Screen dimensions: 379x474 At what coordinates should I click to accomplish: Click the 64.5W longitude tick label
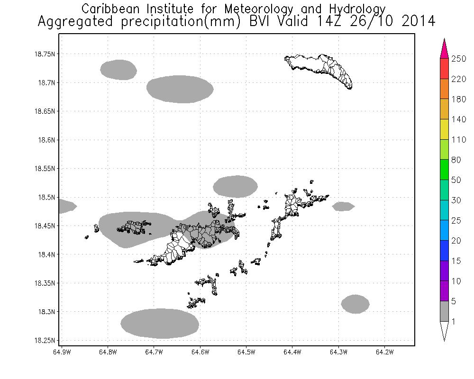point(246,352)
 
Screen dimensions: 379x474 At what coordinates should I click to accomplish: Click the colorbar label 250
point(459,58)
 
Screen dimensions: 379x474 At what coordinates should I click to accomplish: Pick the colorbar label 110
point(459,140)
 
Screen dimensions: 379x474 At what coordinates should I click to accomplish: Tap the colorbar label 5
point(455,301)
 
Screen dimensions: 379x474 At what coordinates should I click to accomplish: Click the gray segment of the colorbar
point(444,311)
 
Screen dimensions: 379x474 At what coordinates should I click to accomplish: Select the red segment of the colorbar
point(444,68)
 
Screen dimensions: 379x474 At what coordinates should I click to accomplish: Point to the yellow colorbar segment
point(444,129)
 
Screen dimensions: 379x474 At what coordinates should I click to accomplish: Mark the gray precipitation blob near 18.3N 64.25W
point(355,304)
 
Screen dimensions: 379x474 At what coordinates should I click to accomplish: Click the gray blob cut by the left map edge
point(66,206)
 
